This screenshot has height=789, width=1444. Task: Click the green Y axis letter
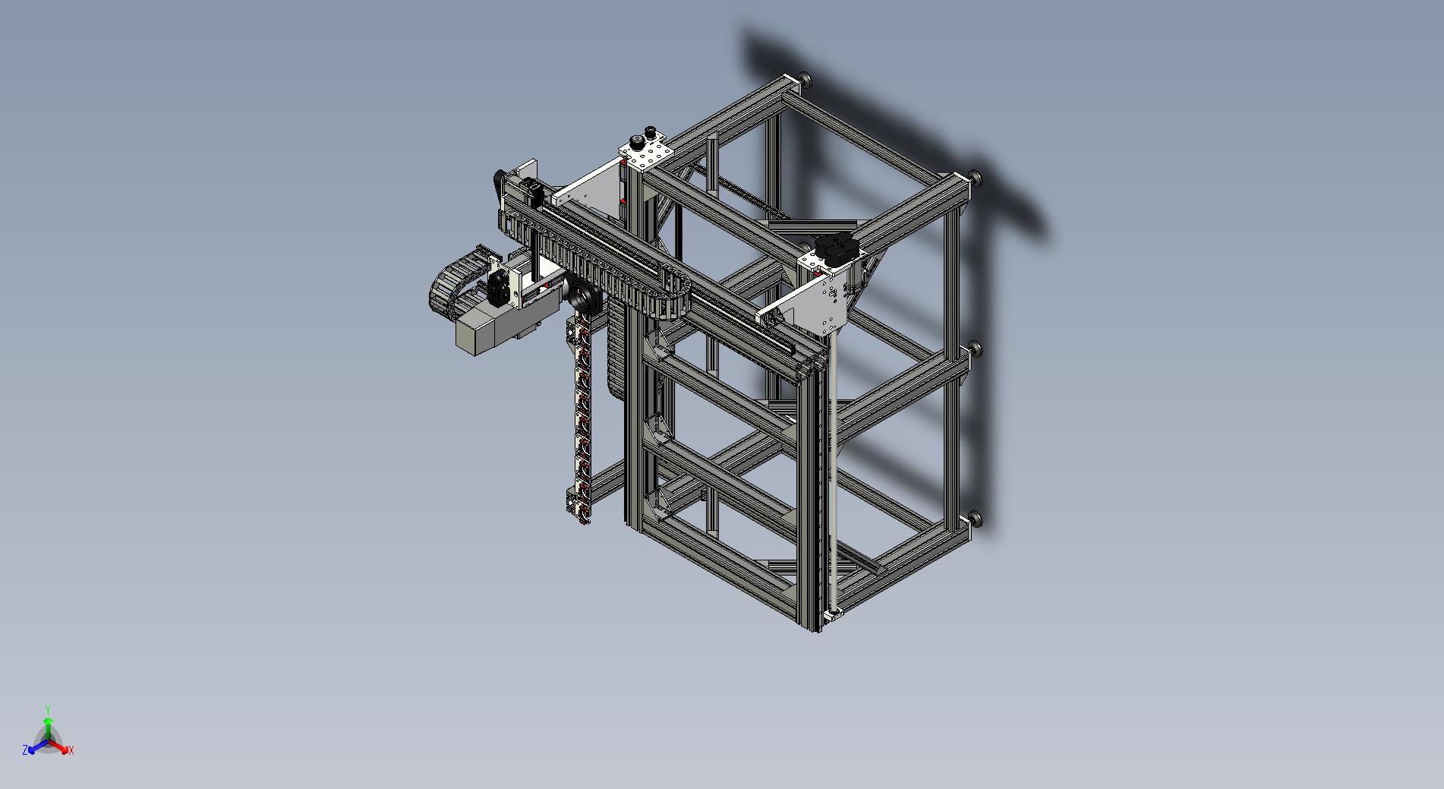[x=47, y=709]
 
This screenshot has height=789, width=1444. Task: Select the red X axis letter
[x=71, y=750]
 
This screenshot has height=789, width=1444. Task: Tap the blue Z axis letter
[x=25, y=750]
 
